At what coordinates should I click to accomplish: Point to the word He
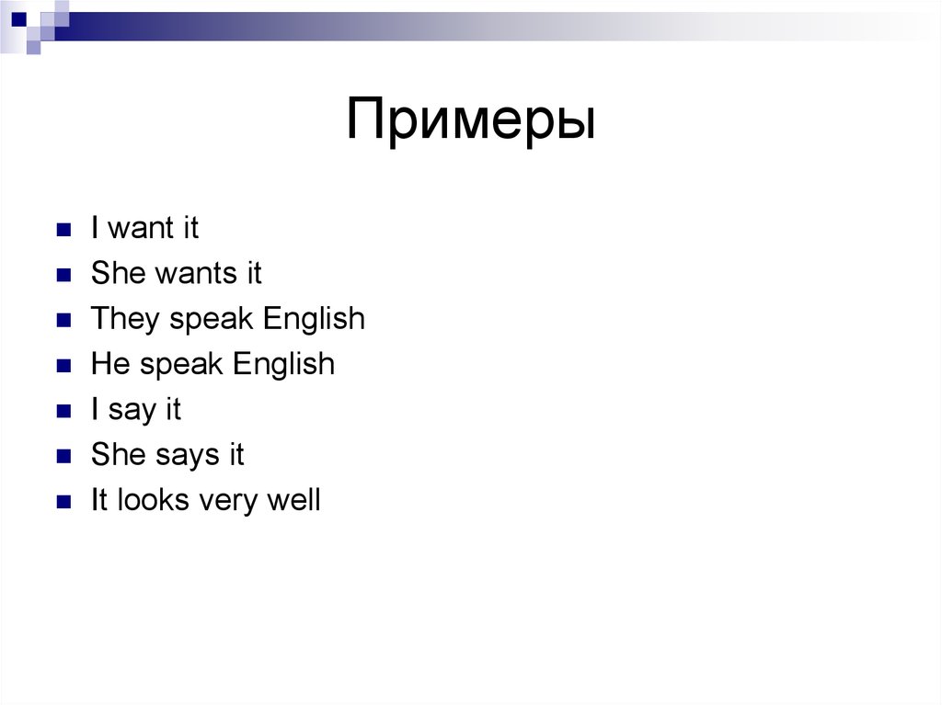[x=110, y=364]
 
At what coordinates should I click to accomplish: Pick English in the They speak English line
[x=314, y=319]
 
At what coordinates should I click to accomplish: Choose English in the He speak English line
[x=283, y=364]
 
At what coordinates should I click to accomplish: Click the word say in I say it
[x=132, y=410]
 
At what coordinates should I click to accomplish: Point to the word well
[x=293, y=501]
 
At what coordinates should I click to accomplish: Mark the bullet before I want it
[x=63, y=230]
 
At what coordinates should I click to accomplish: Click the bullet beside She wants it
[x=63, y=275]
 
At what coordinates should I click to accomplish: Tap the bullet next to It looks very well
[x=63, y=502]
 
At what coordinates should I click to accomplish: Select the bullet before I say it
[x=63, y=411]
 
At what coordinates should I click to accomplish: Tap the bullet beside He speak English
[x=63, y=365]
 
